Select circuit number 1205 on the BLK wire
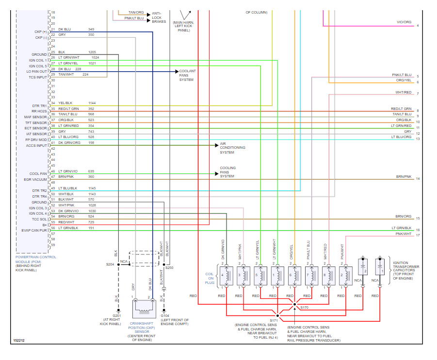tap(92, 52)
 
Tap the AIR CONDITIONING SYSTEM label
tap(232, 148)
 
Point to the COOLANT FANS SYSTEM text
tap(187, 76)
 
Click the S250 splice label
tap(169, 267)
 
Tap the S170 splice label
tap(304, 308)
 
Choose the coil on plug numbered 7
tap(308, 275)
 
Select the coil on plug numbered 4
tap(223, 275)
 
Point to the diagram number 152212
tap(19, 342)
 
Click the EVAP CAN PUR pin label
tap(34, 231)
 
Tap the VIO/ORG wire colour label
tap(404, 22)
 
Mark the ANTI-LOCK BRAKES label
tap(159, 17)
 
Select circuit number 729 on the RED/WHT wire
tap(91, 222)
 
